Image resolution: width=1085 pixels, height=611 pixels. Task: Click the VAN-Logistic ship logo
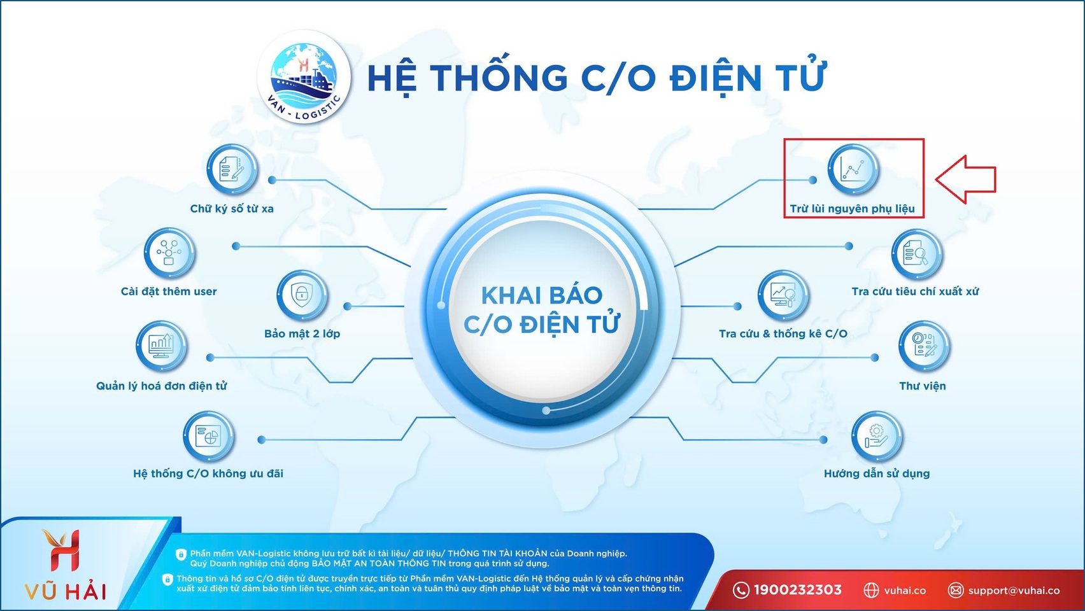click(x=304, y=77)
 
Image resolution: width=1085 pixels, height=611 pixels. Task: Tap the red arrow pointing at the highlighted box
click(x=965, y=179)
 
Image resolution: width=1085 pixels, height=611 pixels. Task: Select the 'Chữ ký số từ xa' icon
click(x=232, y=169)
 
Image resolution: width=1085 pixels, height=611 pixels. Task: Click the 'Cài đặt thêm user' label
click(x=169, y=291)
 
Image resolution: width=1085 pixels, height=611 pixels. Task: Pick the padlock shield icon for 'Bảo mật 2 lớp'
click(x=302, y=295)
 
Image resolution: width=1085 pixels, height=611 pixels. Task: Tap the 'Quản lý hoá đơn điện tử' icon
click(x=161, y=346)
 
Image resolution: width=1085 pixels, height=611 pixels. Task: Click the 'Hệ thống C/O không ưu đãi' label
click(x=208, y=474)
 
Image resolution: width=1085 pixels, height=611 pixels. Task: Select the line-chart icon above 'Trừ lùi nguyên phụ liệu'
click(x=853, y=169)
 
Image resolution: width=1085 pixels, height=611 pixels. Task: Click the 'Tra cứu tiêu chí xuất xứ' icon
click(x=916, y=254)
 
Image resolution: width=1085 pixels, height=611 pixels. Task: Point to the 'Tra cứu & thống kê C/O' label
click(x=783, y=334)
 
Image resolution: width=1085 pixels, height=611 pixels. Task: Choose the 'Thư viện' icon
click(x=924, y=346)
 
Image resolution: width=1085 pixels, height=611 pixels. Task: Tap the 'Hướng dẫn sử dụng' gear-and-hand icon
click(x=877, y=437)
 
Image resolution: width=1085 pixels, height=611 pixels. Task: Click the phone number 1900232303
click(x=797, y=590)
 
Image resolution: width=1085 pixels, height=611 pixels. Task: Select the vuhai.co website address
click(x=905, y=591)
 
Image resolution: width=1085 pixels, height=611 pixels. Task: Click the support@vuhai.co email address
click(x=1014, y=591)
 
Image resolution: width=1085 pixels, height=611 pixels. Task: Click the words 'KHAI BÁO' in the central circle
click(x=541, y=295)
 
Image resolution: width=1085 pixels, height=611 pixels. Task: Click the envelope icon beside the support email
click(x=956, y=591)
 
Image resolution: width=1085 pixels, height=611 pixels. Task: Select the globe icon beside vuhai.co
click(x=871, y=591)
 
